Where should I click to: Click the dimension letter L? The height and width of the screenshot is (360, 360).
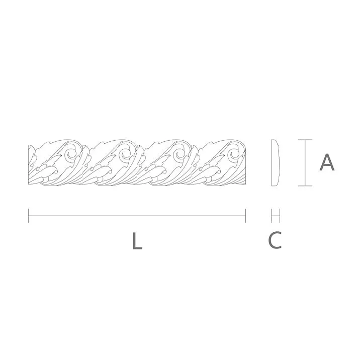(137, 241)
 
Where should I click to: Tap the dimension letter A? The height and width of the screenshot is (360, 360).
(327, 162)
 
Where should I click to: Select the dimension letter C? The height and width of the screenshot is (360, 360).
(275, 240)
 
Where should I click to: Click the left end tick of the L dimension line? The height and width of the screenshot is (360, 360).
(29, 216)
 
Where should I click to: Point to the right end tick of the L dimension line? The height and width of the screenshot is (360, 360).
(245, 216)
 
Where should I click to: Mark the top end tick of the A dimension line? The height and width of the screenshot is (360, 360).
(305, 139)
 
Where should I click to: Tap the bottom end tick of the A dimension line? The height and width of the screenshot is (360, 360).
(305, 186)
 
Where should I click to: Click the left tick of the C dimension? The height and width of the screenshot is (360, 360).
(272, 216)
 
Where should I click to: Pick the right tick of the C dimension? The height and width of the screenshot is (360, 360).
(279, 216)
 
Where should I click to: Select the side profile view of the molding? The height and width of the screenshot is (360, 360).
(275, 162)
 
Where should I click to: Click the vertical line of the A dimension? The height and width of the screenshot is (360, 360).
(305, 162)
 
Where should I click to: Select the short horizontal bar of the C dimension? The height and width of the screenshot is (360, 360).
(275, 216)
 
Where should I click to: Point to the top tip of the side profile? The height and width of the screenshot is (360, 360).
(273, 140)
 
